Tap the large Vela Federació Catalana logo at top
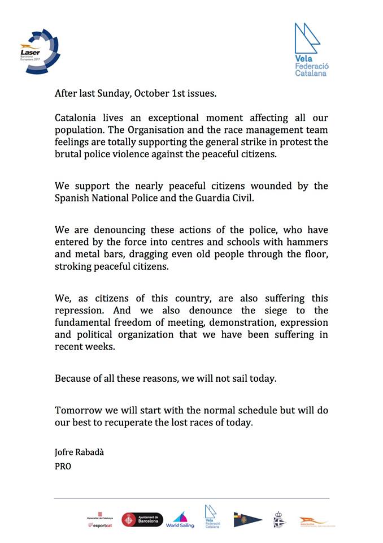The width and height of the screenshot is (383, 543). click(310, 50)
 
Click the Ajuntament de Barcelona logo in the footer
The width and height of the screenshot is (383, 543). click(143, 519)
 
